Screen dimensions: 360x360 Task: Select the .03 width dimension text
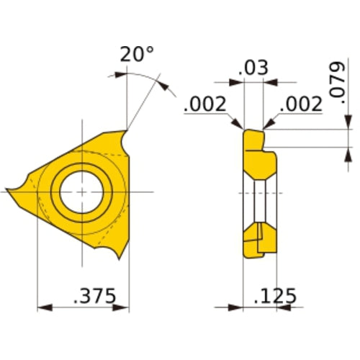point(253,68)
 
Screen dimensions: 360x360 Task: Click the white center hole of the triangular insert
point(81,192)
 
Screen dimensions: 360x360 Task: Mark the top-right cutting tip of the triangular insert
point(127,132)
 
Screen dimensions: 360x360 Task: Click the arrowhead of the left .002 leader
point(239,127)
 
